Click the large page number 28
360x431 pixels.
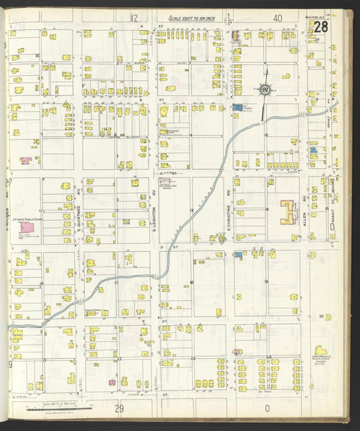(x=322, y=27)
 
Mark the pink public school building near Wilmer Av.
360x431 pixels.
(x=28, y=228)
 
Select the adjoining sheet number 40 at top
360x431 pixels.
(x=277, y=18)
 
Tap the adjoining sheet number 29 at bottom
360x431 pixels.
(x=120, y=408)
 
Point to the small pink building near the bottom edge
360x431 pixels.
(x=112, y=382)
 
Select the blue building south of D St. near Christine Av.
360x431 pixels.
(x=238, y=255)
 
